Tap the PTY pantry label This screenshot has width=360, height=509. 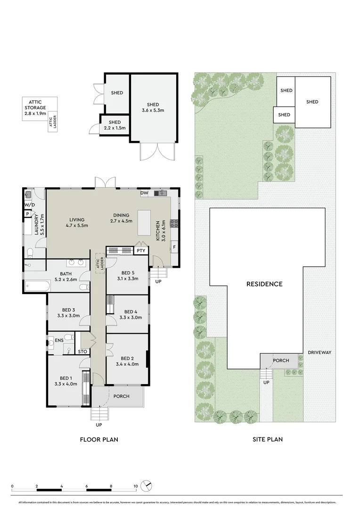(141, 251)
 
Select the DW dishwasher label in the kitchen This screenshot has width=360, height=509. (144, 193)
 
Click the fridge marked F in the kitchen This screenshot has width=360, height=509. (174, 246)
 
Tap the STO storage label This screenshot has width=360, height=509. (82, 351)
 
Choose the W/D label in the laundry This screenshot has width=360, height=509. (29, 205)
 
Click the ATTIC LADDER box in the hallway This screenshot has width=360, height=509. (100, 263)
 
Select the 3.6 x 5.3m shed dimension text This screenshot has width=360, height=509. (153, 111)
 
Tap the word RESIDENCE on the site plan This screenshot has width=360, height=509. (264, 284)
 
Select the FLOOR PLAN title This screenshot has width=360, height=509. (98, 440)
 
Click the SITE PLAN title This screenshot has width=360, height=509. (267, 440)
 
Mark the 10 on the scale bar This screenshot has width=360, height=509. (135, 486)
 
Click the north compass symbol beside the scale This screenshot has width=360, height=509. (147, 485)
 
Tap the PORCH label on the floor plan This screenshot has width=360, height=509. (122, 396)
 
